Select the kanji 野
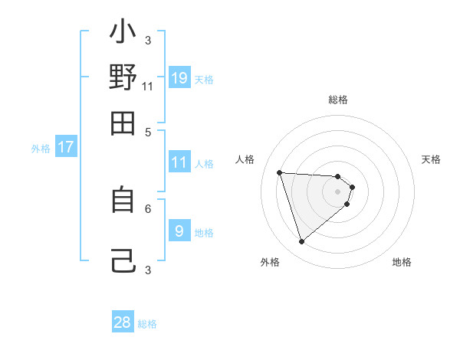[x=123, y=78]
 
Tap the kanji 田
[x=123, y=122]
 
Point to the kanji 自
[x=123, y=200]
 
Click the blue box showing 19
[x=179, y=77]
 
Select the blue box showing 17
[x=66, y=147]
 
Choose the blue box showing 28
[x=123, y=322]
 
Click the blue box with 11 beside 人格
[x=179, y=162]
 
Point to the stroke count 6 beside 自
[x=148, y=208]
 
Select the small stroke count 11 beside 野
[x=148, y=86]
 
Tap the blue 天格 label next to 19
[x=204, y=79]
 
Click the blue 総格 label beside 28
[x=147, y=324]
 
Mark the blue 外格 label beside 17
[x=41, y=149]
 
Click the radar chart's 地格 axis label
[x=402, y=262]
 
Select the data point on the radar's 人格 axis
[x=280, y=172]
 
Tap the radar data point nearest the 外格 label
[x=301, y=242]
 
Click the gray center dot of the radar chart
[x=337, y=191]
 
